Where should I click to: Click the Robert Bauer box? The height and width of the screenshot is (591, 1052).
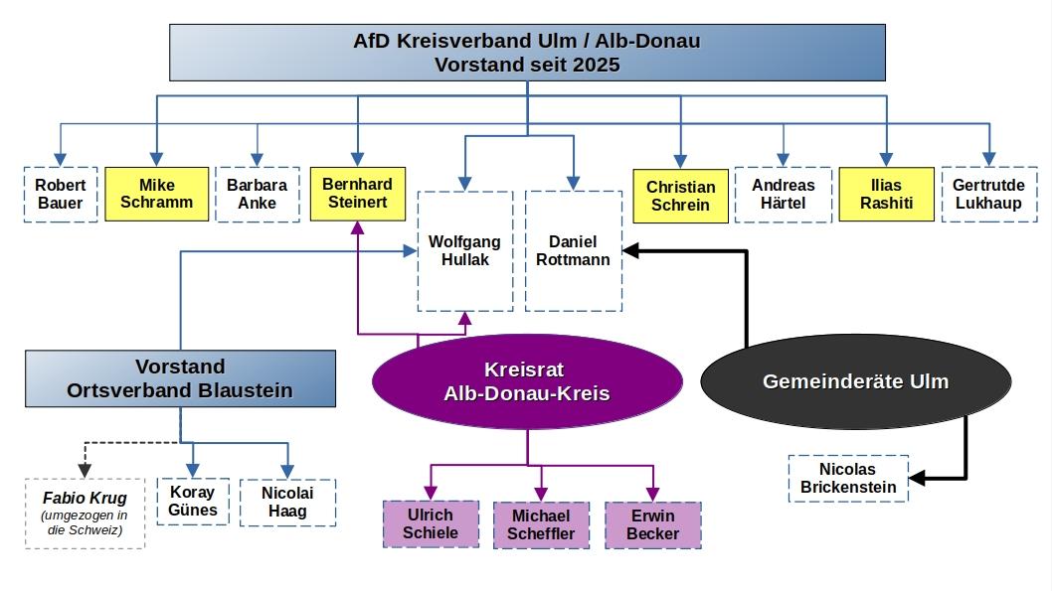61,194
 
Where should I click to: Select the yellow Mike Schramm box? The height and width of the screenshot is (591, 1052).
156,194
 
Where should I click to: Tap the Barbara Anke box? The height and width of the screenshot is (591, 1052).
257,194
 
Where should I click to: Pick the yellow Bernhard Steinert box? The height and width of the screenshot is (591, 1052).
357,193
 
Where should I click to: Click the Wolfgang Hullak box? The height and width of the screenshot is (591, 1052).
464,251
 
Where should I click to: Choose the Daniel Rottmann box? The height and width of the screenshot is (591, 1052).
573,250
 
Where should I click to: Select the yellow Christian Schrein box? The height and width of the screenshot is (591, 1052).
680,196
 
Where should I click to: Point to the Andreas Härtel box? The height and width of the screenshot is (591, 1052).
783,194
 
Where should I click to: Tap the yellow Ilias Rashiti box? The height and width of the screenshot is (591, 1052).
886,194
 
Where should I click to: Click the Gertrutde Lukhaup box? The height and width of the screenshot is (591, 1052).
987,194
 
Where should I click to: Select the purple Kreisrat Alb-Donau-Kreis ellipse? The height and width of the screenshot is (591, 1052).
527,381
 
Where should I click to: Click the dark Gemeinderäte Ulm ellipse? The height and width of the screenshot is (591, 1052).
855,381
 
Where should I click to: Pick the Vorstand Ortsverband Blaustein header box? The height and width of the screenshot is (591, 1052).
180,378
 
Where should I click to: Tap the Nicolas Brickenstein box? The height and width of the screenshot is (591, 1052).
848,478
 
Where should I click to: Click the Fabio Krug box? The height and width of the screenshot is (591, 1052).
85,513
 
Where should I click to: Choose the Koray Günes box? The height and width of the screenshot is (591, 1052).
193,502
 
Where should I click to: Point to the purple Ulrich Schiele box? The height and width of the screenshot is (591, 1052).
431,523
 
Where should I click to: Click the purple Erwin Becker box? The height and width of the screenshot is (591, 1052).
652,524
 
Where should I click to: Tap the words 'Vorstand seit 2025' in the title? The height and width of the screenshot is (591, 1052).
526,65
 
